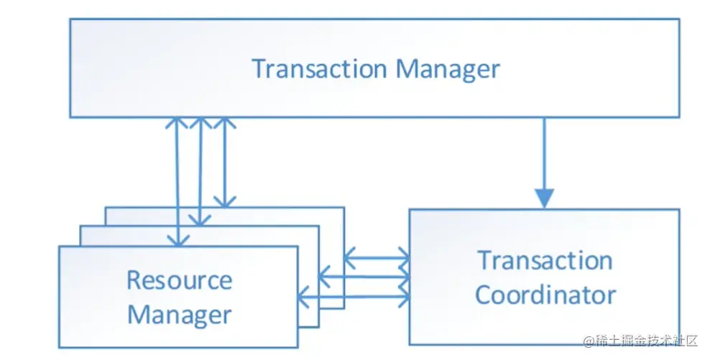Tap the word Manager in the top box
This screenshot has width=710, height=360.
click(448, 69)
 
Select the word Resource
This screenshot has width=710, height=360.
click(180, 280)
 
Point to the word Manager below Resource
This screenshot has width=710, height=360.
click(180, 314)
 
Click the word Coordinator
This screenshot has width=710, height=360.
click(545, 295)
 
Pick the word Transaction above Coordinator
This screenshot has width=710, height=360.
click(545, 260)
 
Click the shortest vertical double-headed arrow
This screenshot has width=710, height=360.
click(225, 162)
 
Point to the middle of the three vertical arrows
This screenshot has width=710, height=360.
click(200, 172)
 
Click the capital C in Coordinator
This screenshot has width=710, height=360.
click(484, 295)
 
